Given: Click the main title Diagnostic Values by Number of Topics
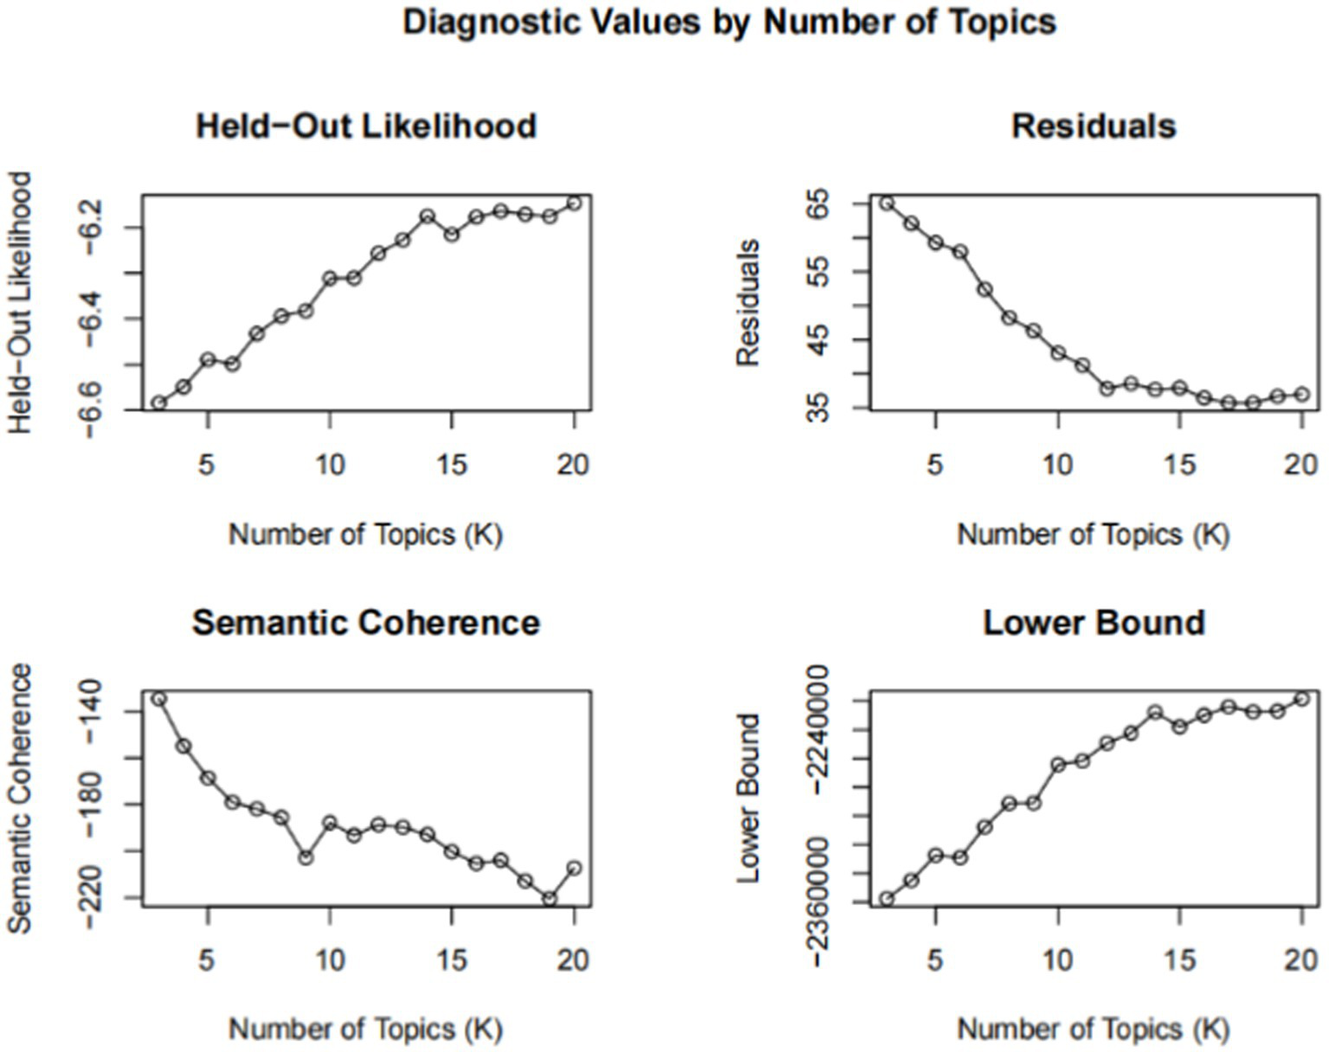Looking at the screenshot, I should click(x=729, y=22).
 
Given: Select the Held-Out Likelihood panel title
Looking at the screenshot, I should click(x=366, y=126).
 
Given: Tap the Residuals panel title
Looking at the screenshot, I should click(x=1094, y=126).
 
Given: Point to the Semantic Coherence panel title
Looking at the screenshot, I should click(x=366, y=623).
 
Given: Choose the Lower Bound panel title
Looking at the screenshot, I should click(x=1094, y=623).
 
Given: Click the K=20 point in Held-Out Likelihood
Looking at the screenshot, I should click(x=573, y=203).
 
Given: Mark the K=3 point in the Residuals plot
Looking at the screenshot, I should click(x=887, y=203).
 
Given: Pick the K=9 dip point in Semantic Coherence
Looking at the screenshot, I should click(x=305, y=857).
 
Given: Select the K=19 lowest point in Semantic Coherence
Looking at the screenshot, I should click(x=549, y=899).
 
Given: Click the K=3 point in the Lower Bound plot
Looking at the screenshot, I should click(x=887, y=899).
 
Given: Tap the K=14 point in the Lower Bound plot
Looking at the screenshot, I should click(x=1154, y=713).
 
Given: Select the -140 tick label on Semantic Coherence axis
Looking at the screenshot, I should click(x=97, y=712).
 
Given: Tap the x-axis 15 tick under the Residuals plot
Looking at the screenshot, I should click(x=1179, y=465).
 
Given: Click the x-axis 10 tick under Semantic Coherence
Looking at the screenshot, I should click(x=329, y=960).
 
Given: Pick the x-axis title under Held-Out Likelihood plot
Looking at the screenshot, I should click(x=365, y=534).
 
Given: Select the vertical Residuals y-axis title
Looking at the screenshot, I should click(x=748, y=303).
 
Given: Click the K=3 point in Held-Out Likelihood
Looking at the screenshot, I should click(x=158, y=403).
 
